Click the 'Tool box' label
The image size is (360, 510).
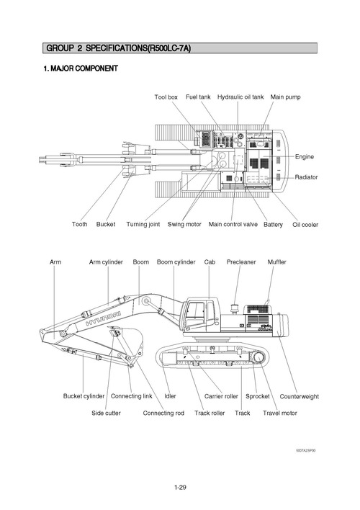(166, 97)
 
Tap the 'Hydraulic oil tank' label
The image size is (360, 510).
(240, 97)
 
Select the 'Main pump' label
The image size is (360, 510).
(287, 97)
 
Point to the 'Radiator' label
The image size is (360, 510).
(306, 177)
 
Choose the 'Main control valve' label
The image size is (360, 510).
(233, 224)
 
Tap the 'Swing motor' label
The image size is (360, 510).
(184, 224)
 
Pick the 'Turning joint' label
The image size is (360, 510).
(143, 224)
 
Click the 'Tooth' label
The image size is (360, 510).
(80, 224)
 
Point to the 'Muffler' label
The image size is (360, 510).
(276, 262)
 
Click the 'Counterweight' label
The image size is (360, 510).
(300, 396)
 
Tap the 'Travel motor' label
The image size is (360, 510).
(280, 413)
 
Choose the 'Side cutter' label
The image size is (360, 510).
(106, 413)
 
